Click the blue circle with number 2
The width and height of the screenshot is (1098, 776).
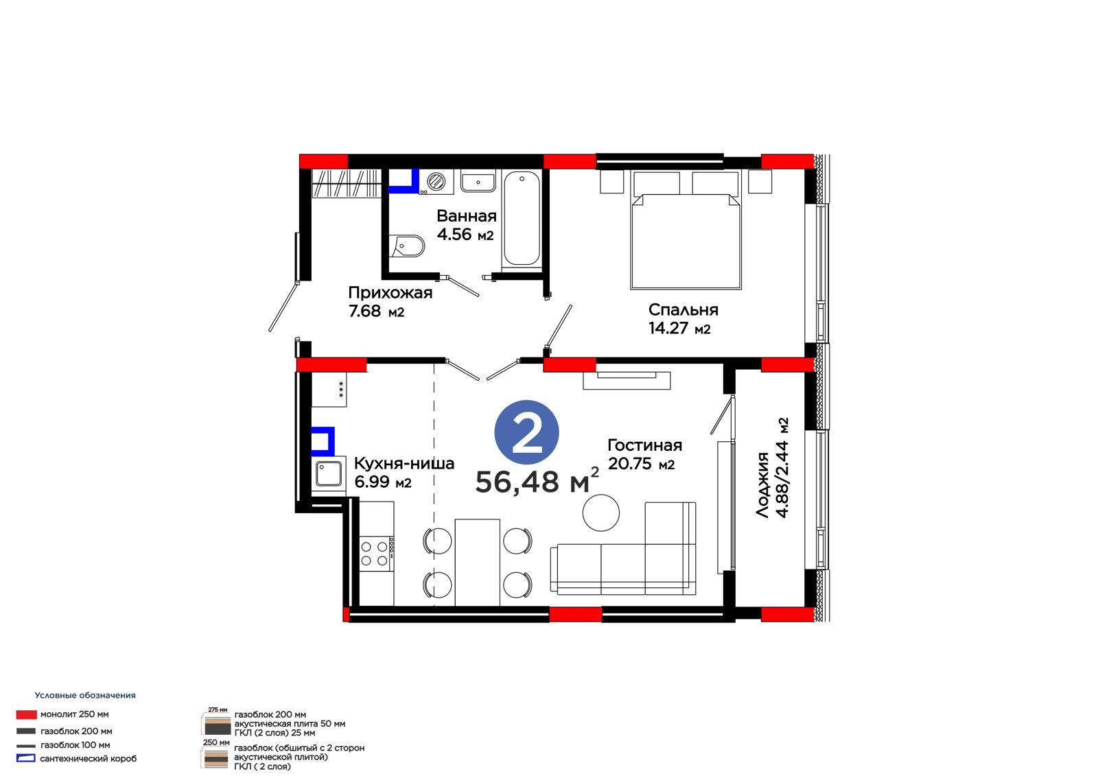pos(526,432)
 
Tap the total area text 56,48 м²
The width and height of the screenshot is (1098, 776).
pos(537,481)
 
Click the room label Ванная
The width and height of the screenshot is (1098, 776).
pos(466,215)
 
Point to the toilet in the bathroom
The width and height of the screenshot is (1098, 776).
pos(407,246)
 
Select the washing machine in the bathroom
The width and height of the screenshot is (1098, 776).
pos(436,182)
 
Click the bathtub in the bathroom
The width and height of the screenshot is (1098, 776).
pos(522,219)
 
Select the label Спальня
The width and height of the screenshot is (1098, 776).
pos(683,309)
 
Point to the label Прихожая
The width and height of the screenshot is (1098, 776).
pos(390,293)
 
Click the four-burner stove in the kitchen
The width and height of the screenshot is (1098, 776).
pos(377,554)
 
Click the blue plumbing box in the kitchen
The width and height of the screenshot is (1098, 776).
pos(323,441)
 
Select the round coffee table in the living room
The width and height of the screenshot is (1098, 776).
pos(601,513)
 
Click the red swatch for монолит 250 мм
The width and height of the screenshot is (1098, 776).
pos(27,715)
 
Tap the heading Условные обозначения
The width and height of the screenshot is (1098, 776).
pos(85,695)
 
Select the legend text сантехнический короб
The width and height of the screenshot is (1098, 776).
pos(89,758)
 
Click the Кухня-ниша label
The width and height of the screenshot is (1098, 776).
pos(404,463)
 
